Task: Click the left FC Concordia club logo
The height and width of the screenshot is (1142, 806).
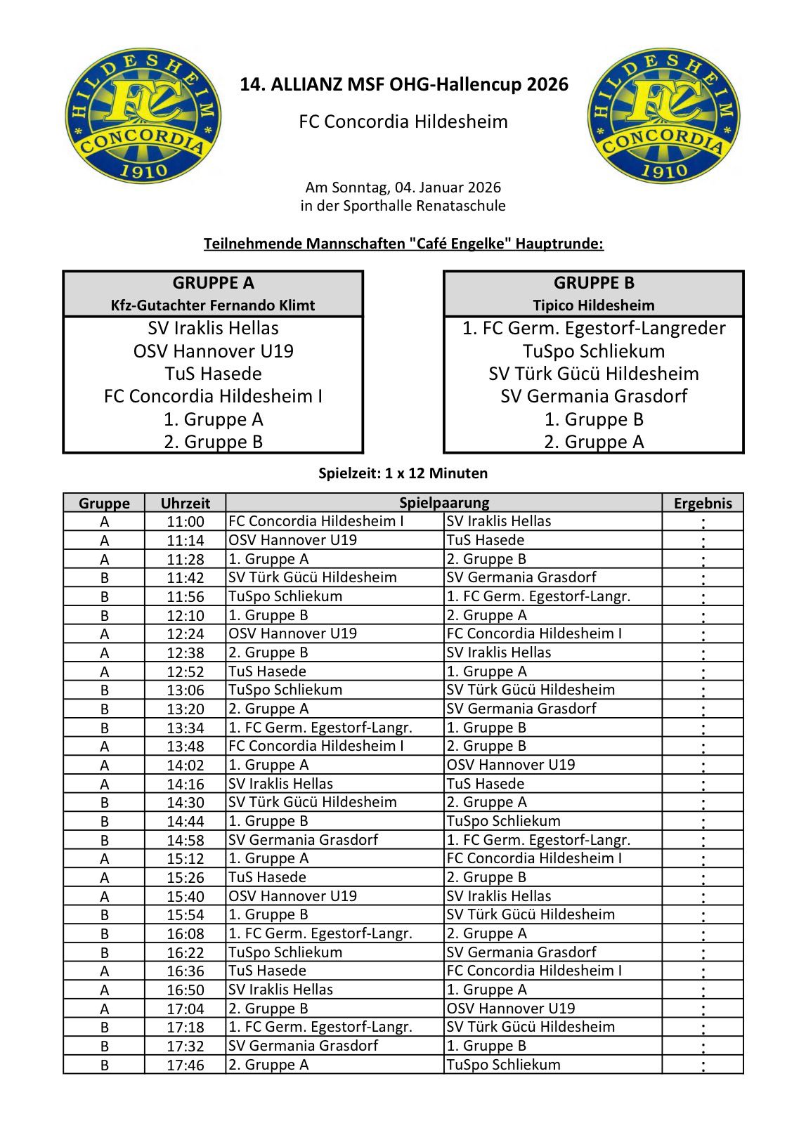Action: pos(143,116)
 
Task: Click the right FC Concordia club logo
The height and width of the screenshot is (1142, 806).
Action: pos(664,116)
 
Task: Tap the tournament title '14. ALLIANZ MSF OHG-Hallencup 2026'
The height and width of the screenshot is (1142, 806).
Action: pos(403,85)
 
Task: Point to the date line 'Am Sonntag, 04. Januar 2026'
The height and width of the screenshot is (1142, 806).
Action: pos(403,188)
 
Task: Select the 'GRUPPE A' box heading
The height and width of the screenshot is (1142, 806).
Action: pos(213,283)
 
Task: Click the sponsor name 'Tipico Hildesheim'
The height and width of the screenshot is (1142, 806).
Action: pos(593,306)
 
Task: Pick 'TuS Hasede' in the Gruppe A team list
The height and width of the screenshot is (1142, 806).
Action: pos(213,374)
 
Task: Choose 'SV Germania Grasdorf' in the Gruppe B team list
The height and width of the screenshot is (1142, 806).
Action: pos(593,396)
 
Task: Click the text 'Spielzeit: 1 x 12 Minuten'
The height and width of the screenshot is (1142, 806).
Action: pos(403,473)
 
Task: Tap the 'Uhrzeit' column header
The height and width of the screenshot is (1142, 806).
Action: pos(185,503)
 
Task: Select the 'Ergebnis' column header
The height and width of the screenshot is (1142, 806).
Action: pos(702,503)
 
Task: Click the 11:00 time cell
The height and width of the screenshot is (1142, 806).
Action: pos(185,522)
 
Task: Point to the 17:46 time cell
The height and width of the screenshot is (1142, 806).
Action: pos(185,1065)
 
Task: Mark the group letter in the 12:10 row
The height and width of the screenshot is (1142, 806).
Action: pos(104,616)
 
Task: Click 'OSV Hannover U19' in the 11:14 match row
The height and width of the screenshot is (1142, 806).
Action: pos(292,540)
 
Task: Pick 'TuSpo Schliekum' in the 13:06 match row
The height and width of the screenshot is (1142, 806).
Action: pos(285,690)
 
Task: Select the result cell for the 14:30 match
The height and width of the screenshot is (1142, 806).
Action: pos(702,803)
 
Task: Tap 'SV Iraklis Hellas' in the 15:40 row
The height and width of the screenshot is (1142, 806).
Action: pos(499,896)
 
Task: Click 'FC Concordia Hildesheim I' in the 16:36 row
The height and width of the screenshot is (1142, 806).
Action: pos(534,971)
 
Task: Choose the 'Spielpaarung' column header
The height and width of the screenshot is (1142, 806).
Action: pos(443,503)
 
